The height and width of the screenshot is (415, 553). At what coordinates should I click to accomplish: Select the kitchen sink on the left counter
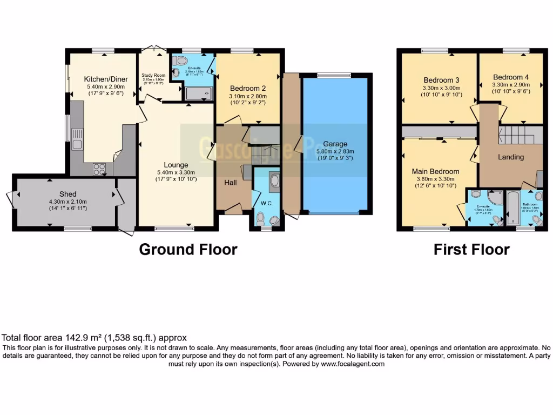tap(77, 143)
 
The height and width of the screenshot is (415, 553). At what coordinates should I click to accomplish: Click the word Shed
tap(68, 194)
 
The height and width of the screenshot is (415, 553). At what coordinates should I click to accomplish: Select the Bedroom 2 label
tap(248, 88)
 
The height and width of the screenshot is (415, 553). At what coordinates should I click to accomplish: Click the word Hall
tap(231, 183)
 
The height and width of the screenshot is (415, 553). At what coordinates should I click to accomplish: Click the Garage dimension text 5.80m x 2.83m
tap(335, 152)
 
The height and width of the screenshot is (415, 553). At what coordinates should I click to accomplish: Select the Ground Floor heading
tap(188, 249)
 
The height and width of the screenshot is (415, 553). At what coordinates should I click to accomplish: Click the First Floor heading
tap(471, 249)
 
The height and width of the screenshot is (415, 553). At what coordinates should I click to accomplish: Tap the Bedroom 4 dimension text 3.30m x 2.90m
tap(511, 85)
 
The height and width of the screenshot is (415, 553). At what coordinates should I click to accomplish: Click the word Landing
tap(510, 157)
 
